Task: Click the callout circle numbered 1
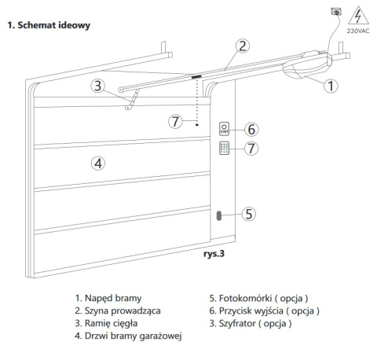pos(331,86)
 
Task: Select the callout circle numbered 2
pos(243,46)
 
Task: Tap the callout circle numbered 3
pos(97,86)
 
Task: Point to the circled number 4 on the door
pos(98,163)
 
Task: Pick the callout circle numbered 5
pos(249,214)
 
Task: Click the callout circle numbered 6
pos(251,129)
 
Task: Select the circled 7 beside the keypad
pos(251,149)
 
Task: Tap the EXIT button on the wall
pos(224,129)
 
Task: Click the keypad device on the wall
pos(224,148)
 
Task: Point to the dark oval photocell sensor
pos(219,215)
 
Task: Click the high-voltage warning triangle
pos(358,16)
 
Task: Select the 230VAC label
pos(358,31)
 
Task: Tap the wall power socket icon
pos(336,12)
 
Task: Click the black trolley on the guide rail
pos(196,76)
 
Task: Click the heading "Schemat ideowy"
pos(49,25)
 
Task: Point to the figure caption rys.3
pos(214,254)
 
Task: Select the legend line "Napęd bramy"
pos(108,298)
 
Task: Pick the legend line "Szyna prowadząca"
pos(118,310)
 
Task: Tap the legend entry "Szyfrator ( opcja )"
pos(251,323)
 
